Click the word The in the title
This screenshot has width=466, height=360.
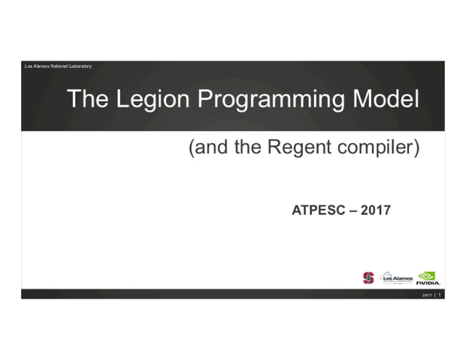pyautogui.click(x=84, y=99)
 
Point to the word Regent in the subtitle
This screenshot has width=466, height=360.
pyautogui.click(x=293, y=148)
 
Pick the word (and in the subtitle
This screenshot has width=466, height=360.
pyautogui.click(x=205, y=148)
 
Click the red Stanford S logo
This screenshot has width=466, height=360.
pyautogui.click(x=368, y=277)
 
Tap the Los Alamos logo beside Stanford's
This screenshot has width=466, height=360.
pyautogui.click(x=397, y=277)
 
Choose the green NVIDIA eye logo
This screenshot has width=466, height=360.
pyautogui.click(x=427, y=275)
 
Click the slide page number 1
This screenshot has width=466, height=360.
pyautogui.click(x=440, y=294)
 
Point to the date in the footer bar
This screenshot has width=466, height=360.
pyautogui.click(x=426, y=294)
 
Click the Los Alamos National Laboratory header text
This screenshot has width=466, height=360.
pyautogui.click(x=58, y=66)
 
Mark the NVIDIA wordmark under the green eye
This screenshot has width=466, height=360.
pyautogui.click(x=428, y=283)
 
